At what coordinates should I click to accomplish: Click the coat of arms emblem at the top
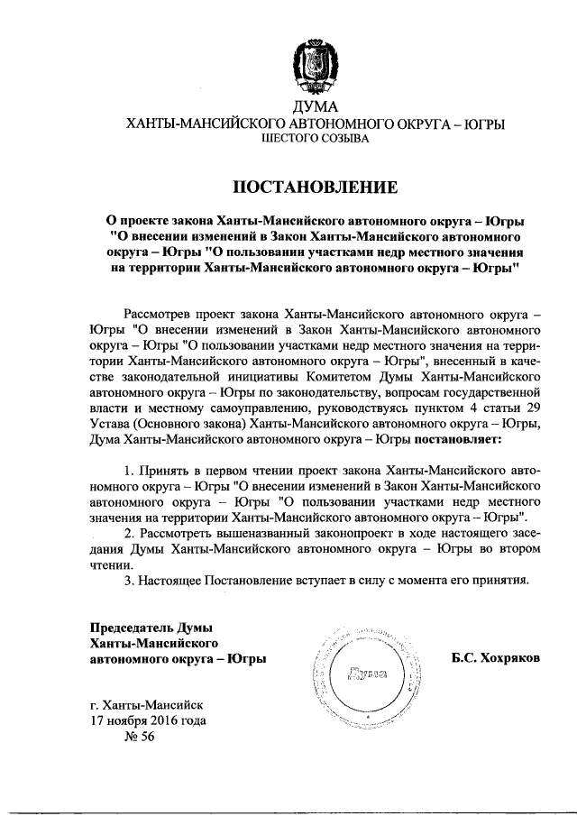(316, 65)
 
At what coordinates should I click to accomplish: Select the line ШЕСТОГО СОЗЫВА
(316, 140)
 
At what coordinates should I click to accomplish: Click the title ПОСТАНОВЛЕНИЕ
(316, 188)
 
